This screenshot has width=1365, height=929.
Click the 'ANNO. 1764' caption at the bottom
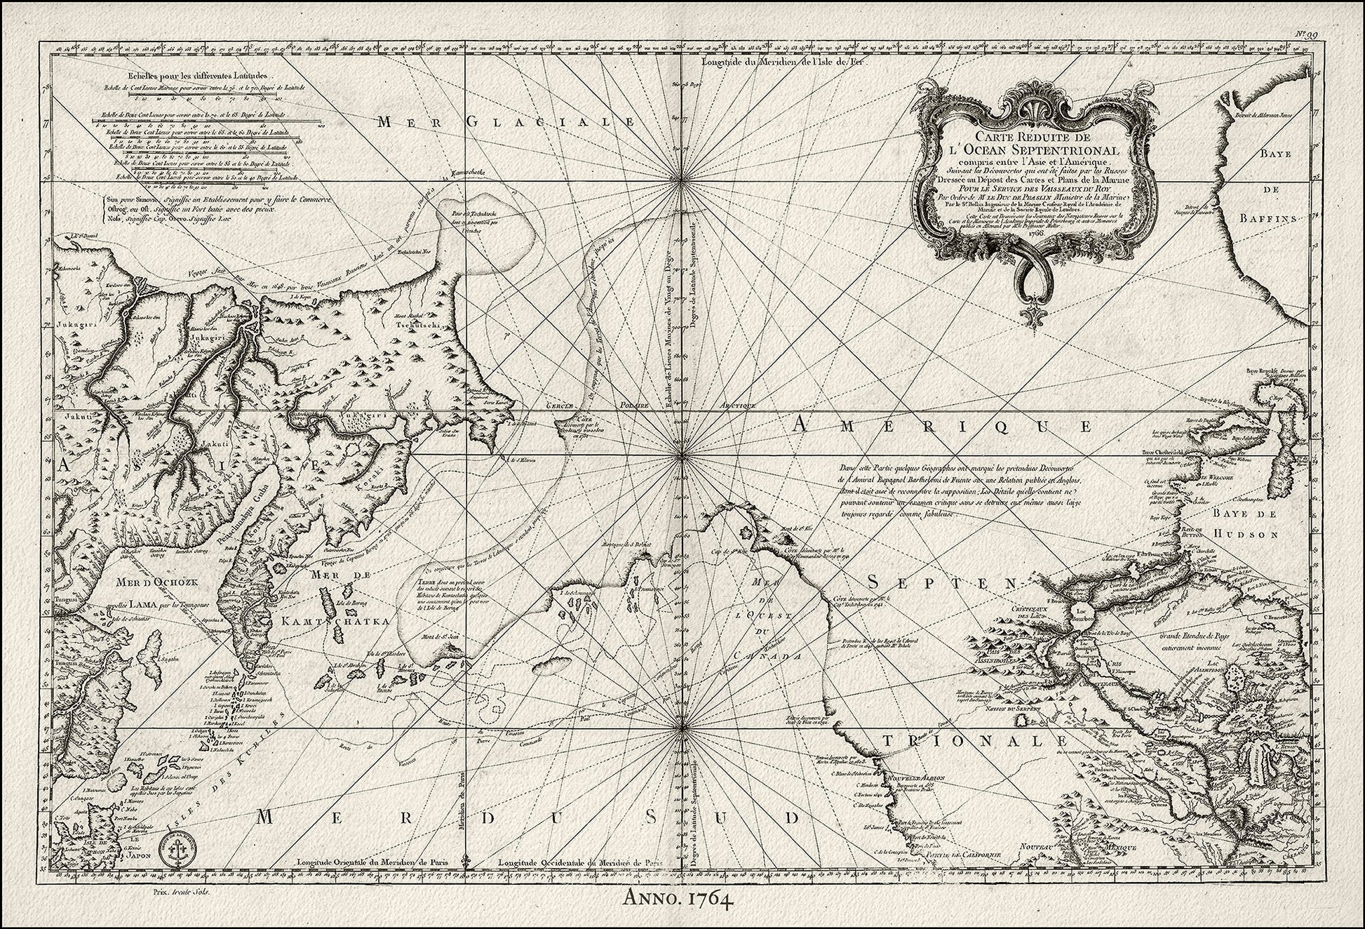coord(682,916)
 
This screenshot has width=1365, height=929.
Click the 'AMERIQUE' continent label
coord(944,425)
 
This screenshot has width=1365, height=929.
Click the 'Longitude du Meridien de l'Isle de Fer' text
coord(784,62)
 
